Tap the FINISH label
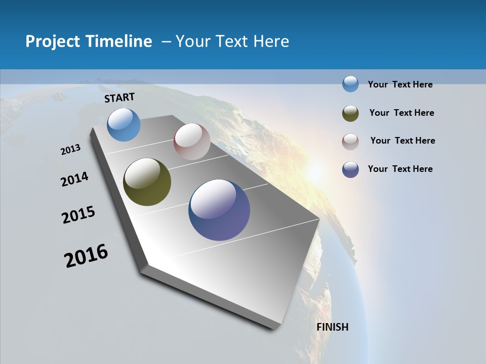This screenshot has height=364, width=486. coord(333,327)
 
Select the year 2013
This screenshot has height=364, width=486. coord(71,150)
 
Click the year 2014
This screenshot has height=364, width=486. coord(75,179)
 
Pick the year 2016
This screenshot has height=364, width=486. coord(86,256)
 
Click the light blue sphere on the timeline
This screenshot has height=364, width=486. coord(124,124)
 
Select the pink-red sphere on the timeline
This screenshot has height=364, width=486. coord(192,142)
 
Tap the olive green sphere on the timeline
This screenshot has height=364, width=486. coord(147,182)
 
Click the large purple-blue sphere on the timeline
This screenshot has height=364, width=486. coord(219,210)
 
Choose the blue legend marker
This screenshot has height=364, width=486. coord(350,84)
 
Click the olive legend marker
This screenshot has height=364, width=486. coord(350,113)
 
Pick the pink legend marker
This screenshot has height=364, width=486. coord(350,142)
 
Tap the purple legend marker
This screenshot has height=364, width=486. coord(350,169)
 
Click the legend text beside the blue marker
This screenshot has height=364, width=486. coord(400,84)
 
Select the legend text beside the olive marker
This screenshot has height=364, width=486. coord(402,113)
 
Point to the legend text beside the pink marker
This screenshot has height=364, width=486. coord(403,141)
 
